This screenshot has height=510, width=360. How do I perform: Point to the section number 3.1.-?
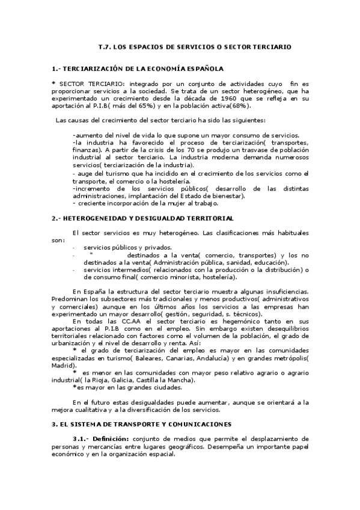click(81, 438)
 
